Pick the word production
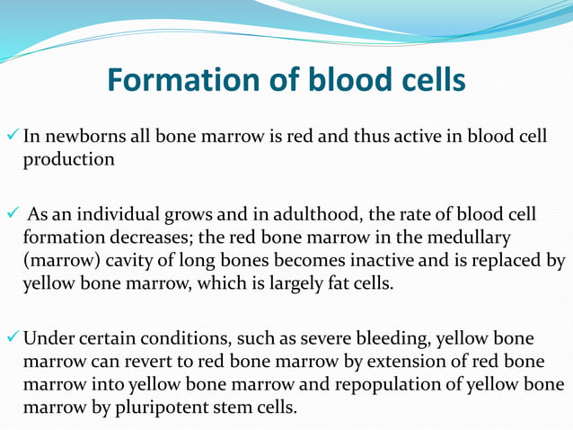pos(68,159)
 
